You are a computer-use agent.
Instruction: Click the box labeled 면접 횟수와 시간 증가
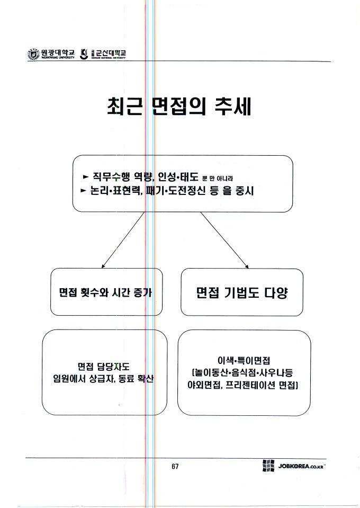click(106, 292)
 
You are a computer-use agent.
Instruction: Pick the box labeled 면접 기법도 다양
click(242, 292)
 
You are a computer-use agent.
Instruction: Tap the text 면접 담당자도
click(104, 366)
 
